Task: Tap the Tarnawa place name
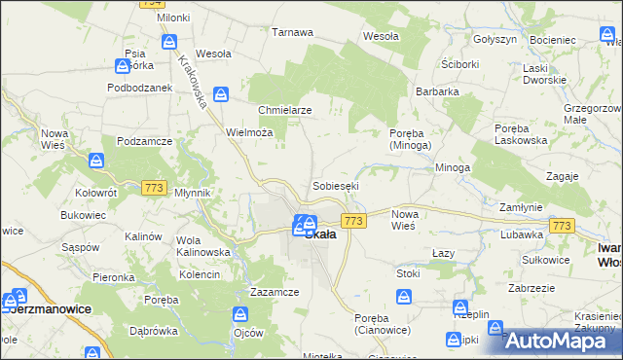(x=292, y=32)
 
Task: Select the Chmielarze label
(x=285, y=110)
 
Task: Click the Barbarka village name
(x=437, y=91)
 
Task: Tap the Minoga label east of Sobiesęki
(x=453, y=167)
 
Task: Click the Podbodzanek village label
(x=139, y=87)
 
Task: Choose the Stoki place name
(x=408, y=273)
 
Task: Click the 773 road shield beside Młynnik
(x=154, y=187)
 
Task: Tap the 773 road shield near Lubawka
(x=561, y=225)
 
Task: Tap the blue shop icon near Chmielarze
(x=221, y=94)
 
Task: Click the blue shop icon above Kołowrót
(x=95, y=161)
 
